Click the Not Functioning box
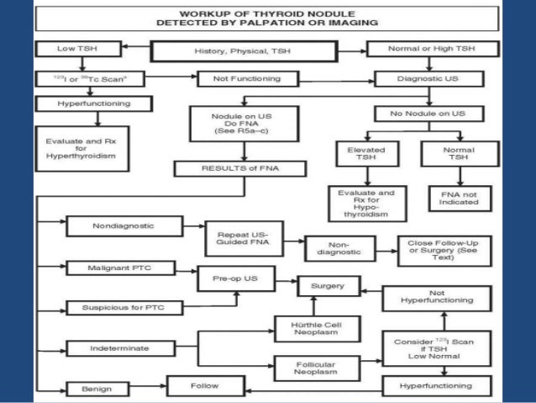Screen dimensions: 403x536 pos(236,79)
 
